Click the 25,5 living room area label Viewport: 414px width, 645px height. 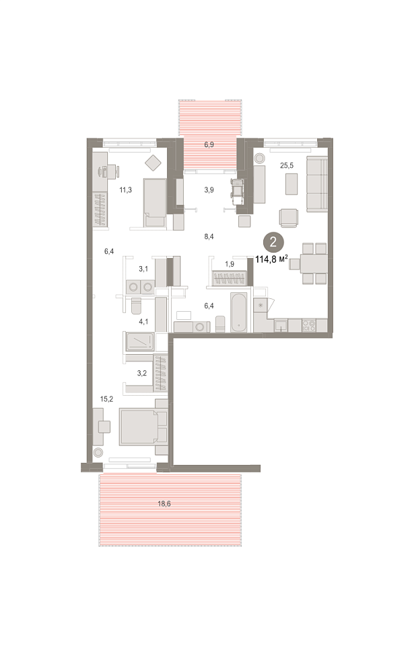pyautogui.click(x=287, y=166)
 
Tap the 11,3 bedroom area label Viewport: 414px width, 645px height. pyautogui.click(x=125, y=190)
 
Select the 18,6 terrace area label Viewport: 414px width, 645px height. pyautogui.click(x=164, y=503)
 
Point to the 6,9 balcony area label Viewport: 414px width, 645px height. pyautogui.click(x=209, y=145)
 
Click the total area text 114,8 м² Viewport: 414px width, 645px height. pyautogui.click(x=271, y=259)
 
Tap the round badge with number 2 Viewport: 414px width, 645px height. pyautogui.click(x=273, y=241)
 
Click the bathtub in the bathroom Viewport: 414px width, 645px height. pyautogui.click(x=239, y=312)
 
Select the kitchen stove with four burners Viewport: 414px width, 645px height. pyautogui.click(x=309, y=325)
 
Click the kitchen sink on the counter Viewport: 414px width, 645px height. pyautogui.click(x=281, y=325)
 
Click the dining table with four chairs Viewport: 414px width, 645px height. pyautogui.click(x=314, y=263)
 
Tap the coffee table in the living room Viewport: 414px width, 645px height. pyautogui.click(x=291, y=184)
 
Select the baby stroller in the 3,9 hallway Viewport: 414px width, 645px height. pyautogui.click(x=238, y=191)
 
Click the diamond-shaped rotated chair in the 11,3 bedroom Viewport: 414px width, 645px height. pyautogui.click(x=153, y=163)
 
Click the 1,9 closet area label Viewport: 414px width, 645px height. pyautogui.click(x=230, y=265)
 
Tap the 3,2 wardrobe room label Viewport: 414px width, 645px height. pyautogui.click(x=142, y=374)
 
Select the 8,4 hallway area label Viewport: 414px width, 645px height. pyautogui.click(x=209, y=236)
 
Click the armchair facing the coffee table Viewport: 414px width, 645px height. pyautogui.click(x=289, y=218)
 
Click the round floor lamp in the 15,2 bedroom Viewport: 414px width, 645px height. pyautogui.click(x=98, y=453)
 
